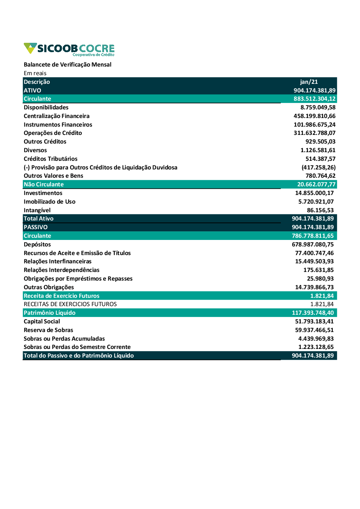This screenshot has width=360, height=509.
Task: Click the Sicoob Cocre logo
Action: tap(69, 49)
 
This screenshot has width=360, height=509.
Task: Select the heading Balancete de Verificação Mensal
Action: tap(67, 65)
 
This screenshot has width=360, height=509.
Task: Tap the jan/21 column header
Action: tap(309, 82)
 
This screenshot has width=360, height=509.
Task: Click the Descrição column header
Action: tap(37, 82)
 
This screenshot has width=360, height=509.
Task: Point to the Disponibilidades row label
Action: tap(46, 108)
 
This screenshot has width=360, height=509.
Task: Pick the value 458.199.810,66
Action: tap(314, 116)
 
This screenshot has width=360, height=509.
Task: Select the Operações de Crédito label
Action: tap(53, 133)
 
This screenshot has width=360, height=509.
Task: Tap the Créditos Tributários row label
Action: tap(50, 159)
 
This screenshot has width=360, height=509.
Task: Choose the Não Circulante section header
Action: tap(44, 185)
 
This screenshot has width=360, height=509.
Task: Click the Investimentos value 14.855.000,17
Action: tap(314, 193)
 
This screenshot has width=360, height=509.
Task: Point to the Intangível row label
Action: tap(37, 210)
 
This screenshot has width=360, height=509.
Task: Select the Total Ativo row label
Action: tap(39, 219)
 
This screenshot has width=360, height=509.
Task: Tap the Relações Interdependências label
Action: tap(62, 270)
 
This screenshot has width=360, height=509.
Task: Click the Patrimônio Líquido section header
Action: tap(50, 313)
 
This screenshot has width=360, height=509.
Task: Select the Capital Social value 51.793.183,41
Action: tap(314, 322)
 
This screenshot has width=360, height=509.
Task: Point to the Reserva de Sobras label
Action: tap(48, 330)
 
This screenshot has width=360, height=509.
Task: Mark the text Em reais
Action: tap(35, 73)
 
